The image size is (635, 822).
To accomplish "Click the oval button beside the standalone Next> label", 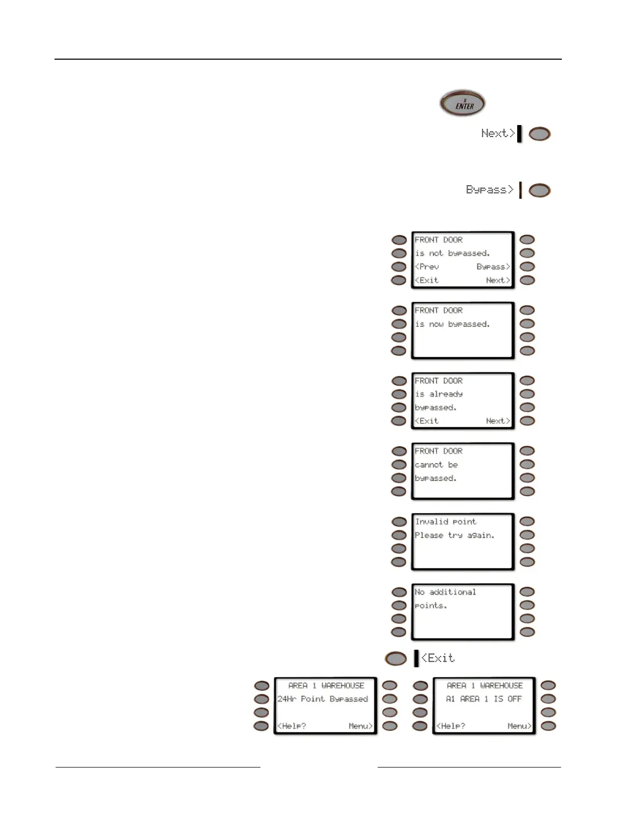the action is pyautogui.click(x=540, y=134).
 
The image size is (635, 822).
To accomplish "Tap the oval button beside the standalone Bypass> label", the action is pyautogui.click(x=540, y=190).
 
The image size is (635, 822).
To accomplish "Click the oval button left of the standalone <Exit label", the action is pyautogui.click(x=396, y=659).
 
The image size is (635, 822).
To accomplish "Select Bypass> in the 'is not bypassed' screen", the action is pyautogui.click(x=493, y=267).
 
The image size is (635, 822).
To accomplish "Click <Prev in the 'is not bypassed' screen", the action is pyautogui.click(x=427, y=267).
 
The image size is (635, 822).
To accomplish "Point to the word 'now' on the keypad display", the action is pyautogui.click(x=436, y=324).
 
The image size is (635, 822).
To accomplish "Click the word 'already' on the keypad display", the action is pyautogui.click(x=446, y=394).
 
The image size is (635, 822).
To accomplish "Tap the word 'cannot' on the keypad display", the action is pyautogui.click(x=429, y=465).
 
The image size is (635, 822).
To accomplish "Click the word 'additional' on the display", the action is pyautogui.click(x=452, y=592).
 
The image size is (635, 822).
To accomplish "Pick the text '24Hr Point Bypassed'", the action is pyautogui.click(x=323, y=699).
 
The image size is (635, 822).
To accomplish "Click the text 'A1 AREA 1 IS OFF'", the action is pyautogui.click(x=484, y=699).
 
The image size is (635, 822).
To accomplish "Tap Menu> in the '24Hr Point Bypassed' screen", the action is pyautogui.click(x=360, y=726).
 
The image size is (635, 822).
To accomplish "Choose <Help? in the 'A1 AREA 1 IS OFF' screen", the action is pyautogui.click(x=451, y=726).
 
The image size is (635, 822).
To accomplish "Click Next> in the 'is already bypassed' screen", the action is pyautogui.click(x=498, y=421).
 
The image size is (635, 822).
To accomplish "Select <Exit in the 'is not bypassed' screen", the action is pyautogui.click(x=427, y=280).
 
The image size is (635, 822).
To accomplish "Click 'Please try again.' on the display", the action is pyautogui.click(x=454, y=535).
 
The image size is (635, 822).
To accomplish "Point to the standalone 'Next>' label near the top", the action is pyautogui.click(x=498, y=133).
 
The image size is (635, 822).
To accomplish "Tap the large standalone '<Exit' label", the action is pyautogui.click(x=438, y=658).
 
